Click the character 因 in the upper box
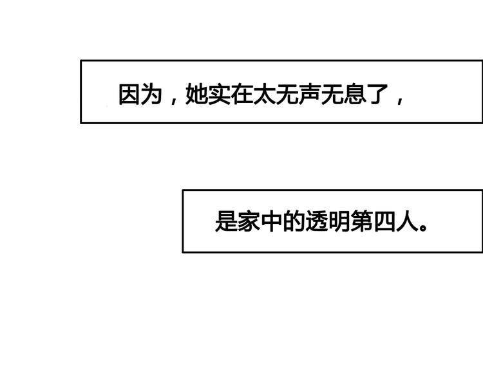(129, 94)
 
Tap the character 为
(151, 94)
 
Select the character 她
(196, 94)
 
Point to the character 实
(220, 94)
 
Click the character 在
(241, 94)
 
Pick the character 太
(264, 94)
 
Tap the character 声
(310, 94)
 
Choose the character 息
(355, 94)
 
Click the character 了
(377, 94)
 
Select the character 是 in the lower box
(225, 221)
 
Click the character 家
(249, 221)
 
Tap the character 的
(294, 221)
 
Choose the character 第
(362, 221)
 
